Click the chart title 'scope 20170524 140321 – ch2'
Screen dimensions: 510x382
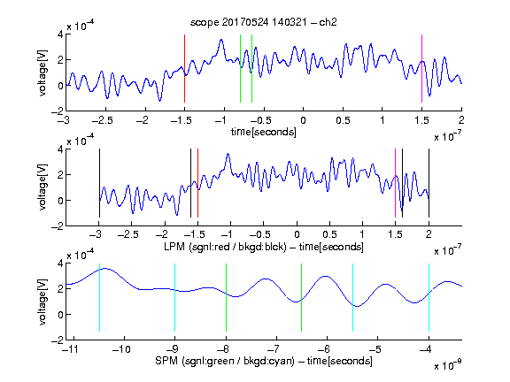click(264, 22)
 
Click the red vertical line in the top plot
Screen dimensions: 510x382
click(184, 68)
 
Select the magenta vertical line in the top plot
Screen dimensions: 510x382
click(421, 68)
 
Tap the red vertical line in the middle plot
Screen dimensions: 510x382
click(197, 183)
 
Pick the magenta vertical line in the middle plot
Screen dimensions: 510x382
click(395, 183)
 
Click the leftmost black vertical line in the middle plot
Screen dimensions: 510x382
click(99, 183)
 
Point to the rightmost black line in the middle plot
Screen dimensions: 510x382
click(429, 183)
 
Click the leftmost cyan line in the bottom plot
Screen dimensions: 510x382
click(99, 297)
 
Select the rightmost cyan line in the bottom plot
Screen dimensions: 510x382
click(429, 297)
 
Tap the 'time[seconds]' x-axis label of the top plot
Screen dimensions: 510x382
click(264, 132)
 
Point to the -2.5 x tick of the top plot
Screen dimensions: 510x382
click(102, 121)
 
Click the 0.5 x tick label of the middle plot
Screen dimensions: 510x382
click(329, 234)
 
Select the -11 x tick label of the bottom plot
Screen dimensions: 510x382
click(72, 349)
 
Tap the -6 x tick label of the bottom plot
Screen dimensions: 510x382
click(324, 349)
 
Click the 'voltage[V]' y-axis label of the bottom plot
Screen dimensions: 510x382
click(42, 302)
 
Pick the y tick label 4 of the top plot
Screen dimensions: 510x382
click(60, 34)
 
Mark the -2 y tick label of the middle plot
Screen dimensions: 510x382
click(58, 226)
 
